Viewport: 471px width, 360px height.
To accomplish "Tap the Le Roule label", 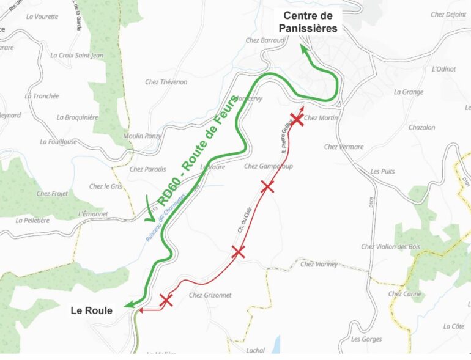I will tap(92, 310).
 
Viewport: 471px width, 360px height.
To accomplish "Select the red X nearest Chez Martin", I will tap(297, 119).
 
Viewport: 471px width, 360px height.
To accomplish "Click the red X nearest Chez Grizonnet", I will tap(166, 299).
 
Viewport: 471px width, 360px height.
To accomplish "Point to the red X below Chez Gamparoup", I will tap(267, 186).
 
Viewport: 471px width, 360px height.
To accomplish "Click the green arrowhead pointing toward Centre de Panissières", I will tap(303, 48).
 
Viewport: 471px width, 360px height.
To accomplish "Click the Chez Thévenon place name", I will tap(166, 82).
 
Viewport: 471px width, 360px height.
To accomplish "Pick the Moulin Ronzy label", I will tap(143, 136).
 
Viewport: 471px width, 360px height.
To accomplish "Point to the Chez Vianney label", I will tap(319, 264).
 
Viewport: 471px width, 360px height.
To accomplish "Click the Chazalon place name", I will tap(421, 127).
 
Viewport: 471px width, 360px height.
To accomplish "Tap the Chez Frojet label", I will tap(52, 194).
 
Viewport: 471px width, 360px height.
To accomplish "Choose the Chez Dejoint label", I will tap(448, 15).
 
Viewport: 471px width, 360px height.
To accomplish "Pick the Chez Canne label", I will tap(404, 294).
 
